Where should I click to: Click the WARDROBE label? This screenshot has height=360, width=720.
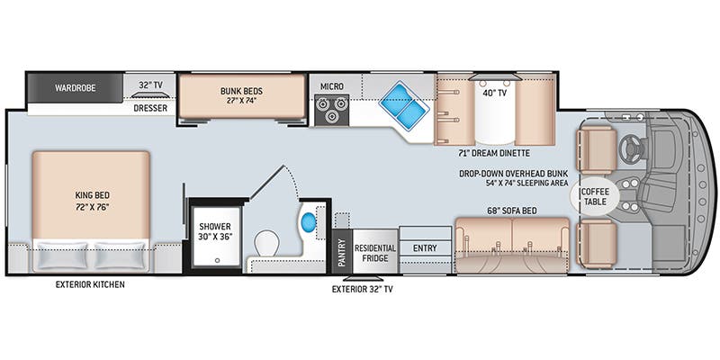(76, 87)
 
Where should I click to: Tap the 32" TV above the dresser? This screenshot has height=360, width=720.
(150, 94)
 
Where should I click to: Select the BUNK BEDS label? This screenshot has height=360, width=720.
(241, 91)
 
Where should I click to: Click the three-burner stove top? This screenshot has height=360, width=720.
(331, 110)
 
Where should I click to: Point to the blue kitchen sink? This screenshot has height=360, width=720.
(404, 106)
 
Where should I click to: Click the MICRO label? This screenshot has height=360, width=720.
(331, 86)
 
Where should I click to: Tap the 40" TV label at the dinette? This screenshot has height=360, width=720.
(495, 94)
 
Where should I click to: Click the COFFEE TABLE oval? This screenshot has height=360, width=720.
(595, 196)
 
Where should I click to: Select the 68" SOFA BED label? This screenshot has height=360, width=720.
(512, 211)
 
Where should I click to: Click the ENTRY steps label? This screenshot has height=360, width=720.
(425, 248)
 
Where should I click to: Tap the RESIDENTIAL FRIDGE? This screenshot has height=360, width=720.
(374, 252)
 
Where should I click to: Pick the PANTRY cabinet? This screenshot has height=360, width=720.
(342, 252)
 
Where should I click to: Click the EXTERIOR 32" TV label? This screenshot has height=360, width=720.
(363, 289)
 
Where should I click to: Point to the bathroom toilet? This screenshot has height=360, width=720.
(266, 243)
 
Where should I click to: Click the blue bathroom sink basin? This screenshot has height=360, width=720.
(309, 222)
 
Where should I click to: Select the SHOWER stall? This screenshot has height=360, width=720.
(216, 237)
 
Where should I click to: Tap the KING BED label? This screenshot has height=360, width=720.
(92, 201)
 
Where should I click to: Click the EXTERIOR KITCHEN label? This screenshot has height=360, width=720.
(90, 284)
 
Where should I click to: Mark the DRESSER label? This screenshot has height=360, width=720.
(150, 108)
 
